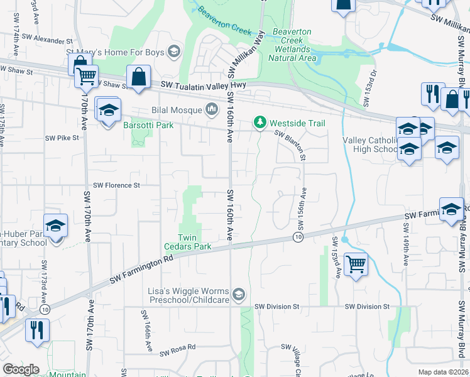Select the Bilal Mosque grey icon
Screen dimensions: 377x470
point(212,110)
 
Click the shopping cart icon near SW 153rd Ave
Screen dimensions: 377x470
point(356,264)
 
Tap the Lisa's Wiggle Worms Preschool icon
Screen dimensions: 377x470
point(238,293)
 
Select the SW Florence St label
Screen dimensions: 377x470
point(116,185)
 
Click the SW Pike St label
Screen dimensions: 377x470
point(62,137)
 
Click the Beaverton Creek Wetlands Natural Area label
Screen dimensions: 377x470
point(292,45)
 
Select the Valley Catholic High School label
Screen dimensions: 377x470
point(369,145)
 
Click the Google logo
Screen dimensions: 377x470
point(21,369)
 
